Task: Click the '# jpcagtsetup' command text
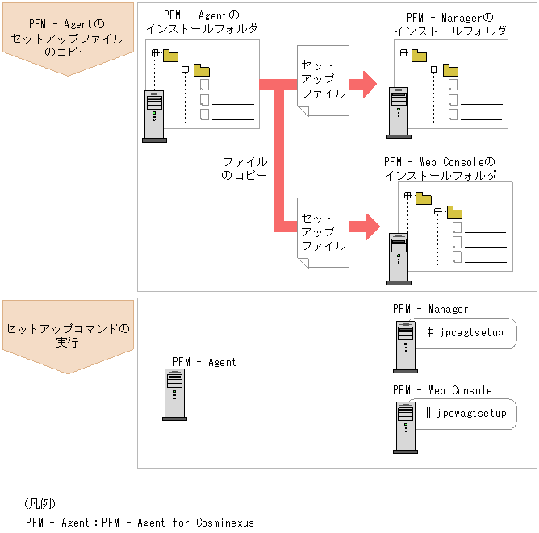(x=465, y=332)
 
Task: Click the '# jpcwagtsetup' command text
(x=466, y=413)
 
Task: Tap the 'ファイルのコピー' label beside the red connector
(x=244, y=168)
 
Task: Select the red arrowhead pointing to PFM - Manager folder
(x=369, y=83)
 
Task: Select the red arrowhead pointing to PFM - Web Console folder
(x=370, y=226)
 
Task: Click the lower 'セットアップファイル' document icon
(x=323, y=232)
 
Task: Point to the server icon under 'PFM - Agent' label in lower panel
(x=174, y=395)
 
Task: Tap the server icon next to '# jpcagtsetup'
(x=404, y=346)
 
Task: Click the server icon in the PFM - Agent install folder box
(x=154, y=116)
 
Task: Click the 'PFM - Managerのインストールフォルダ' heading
(x=450, y=24)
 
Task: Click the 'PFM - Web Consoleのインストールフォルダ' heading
(x=440, y=168)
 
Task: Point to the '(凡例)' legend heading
(x=40, y=504)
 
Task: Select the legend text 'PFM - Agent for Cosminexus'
(x=140, y=522)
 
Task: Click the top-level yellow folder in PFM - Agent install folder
(x=170, y=56)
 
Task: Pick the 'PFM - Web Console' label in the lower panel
(x=442, y=390)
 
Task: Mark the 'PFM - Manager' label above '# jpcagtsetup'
(x=430, y=309)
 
